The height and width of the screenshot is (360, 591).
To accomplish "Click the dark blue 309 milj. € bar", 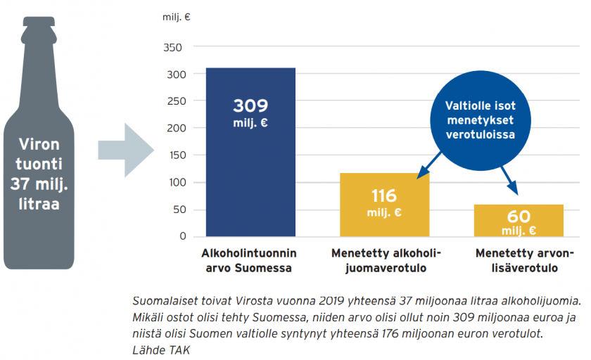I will coord(250,176).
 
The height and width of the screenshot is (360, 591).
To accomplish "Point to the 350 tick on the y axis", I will coord(173,47).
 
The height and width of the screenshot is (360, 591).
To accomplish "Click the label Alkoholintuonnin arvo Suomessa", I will coord(249,260).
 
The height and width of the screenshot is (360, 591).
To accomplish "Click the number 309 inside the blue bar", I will coord(250,106).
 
